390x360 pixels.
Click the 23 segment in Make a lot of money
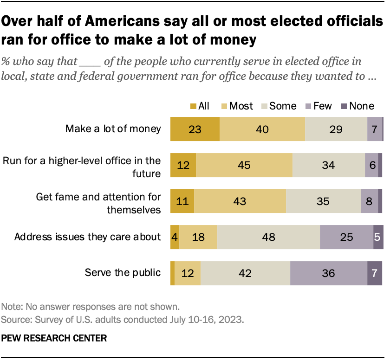point(195,129)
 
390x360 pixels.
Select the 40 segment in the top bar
point(262,129)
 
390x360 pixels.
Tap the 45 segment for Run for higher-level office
point(244,165)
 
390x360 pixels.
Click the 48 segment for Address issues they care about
point(268,237)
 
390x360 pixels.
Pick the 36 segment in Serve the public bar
point(328,273)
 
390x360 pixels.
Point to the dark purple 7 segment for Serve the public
point(375,273)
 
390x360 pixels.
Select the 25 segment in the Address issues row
point(346,237)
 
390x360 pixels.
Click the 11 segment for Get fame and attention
point(182,201)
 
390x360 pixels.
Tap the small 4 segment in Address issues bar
point(175,237)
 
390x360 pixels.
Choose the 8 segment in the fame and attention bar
point(369,201)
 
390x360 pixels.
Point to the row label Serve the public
point(123,273)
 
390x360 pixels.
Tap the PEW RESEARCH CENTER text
point(54,338)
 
